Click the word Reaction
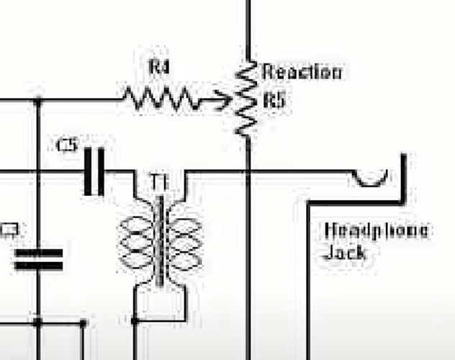(302, 71)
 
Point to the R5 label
(274, 99)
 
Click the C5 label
(66, 145)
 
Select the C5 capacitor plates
(94, 171)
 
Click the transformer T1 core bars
(159, 240)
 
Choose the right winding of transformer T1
(183, 241)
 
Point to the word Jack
(345, 253)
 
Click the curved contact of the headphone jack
(371, 178)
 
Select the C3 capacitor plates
(38, 260)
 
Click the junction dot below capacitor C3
(38, 321)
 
